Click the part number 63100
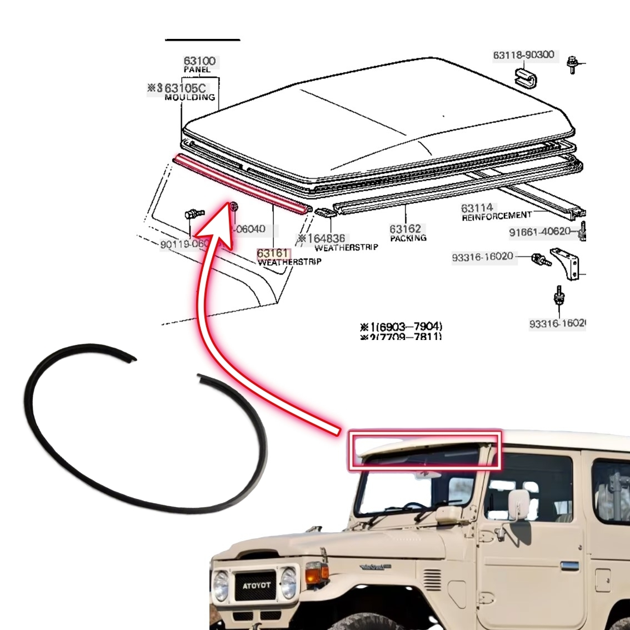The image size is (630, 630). [199, 61]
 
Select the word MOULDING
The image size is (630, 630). [189, 97]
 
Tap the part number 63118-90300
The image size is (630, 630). [523, 55]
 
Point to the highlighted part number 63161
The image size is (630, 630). [273, 253]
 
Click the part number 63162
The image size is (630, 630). [405, 229]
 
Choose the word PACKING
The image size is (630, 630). [408, 238]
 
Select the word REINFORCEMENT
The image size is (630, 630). [496, 216]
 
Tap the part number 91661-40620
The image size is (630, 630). [539, 232]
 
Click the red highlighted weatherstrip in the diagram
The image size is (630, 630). [239, 184]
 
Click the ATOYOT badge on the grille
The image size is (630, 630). [256, 585]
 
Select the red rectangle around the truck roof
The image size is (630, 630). [424, 450]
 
